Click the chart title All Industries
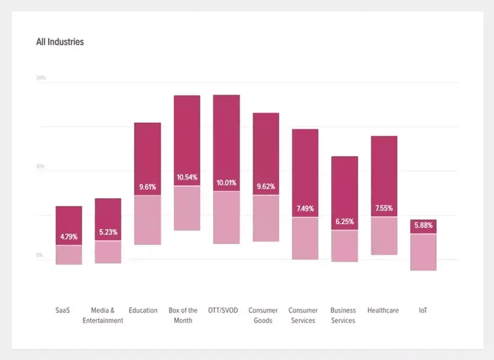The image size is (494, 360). pos(60,43)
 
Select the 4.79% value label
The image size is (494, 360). pos(69,237)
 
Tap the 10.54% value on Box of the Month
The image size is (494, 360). pos(186,178)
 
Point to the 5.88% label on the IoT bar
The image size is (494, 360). pos(423,226)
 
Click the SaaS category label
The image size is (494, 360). pos(63,311)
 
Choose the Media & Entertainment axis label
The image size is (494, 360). pos(103,316)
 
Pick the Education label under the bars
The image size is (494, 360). pos(143,311)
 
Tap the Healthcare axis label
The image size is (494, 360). pos(383,311)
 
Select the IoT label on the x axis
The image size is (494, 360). pos(423,311)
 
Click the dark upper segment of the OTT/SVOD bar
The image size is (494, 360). pos(226,136)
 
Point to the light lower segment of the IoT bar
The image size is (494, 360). pos(423,252)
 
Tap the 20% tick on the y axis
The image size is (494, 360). pos(41,78)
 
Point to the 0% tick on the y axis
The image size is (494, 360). pos(40,255)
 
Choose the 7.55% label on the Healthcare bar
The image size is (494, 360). pos(383,208)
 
